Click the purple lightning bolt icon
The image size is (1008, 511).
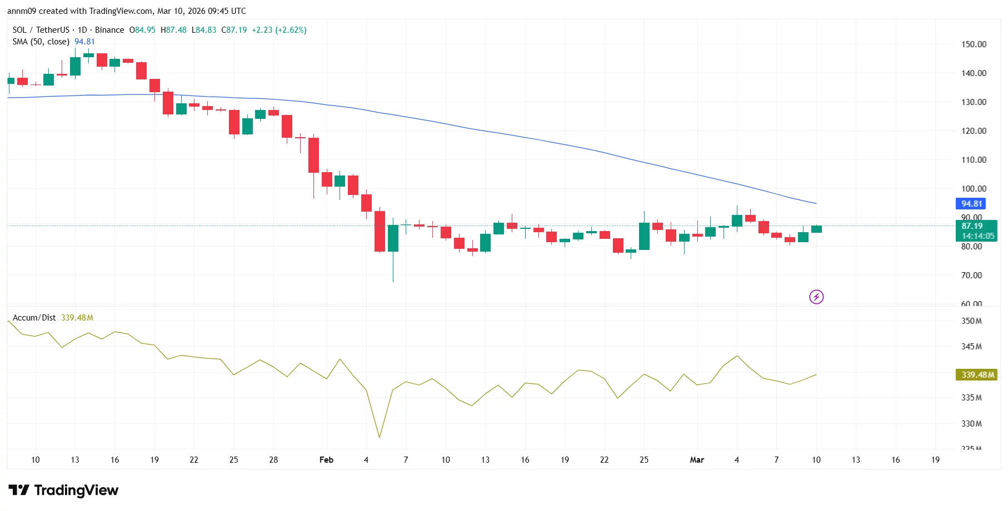coord(816,297)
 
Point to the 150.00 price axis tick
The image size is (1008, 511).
coord(974,44)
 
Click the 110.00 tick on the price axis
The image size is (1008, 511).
coord(974,160)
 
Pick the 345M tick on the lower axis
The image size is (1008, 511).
coord(971,347)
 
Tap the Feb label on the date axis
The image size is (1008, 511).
coord(326,460)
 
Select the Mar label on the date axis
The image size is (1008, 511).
coord(697,460)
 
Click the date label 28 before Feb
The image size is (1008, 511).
coord(273,460)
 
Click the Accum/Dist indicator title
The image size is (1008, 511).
coord(34,318)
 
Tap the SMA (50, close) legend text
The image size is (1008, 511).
coord(41,42)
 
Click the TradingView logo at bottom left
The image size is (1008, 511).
coord(63,490)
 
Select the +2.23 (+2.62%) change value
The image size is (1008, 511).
coord(279,30)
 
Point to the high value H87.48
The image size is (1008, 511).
coord(173,30)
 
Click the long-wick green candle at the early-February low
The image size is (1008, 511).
coord(393,239)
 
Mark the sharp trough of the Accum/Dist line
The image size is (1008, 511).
coord(380,437)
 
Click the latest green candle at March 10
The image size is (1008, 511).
coord(816,229)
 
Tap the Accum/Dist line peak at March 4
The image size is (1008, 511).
coord(737,356)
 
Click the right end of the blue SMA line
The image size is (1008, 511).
coord(815,203)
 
